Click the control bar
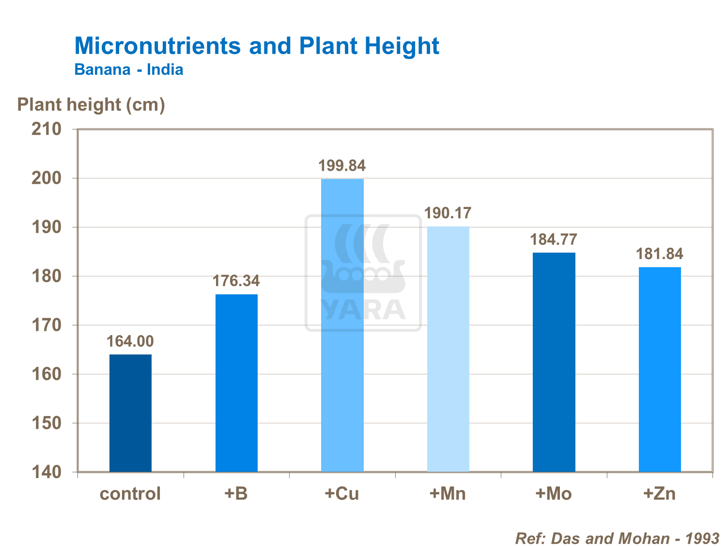(x=130, y=413)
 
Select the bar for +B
(x=236, y=383)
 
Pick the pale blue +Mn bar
(x=448, y=349)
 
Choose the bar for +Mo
(x=554, y=362)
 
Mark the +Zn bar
(x=660, y=369)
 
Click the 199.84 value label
(x=342, y=166)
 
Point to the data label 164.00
(x=130, y=341)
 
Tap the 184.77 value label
(x=554, y=240)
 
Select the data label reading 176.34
(x=236, y=281)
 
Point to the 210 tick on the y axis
(x=46, y=129)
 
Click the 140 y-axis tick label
(x=46, y=472)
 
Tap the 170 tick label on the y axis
(x=46, y=325)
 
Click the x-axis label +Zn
(x=659, y=494)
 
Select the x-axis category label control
(x=130, y=494)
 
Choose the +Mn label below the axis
(x=448, y=494)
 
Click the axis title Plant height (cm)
(x=91, y=105)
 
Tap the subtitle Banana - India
(x=129, y=70)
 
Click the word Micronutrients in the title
(x=157, y=46)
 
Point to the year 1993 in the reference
(x=702, y=538)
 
